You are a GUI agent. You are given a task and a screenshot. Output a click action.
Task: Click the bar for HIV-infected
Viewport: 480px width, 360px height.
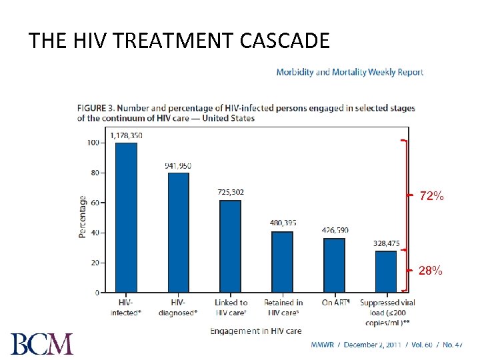[x=126, y=217]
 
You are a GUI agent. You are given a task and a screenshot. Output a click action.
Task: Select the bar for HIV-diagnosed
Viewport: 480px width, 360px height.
[x=178, y=233]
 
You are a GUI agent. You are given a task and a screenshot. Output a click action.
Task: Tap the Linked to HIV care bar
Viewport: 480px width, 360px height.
[x=230, y=246]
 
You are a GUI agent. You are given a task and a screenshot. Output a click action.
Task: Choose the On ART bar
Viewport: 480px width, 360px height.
[x=334, y=265]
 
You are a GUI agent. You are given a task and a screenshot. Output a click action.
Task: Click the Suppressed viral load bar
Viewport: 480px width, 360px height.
[x=386, y=271]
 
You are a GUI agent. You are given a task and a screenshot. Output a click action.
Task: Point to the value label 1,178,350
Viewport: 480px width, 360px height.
[x=126, y=135]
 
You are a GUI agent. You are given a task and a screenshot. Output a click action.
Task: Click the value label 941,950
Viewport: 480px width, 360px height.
[x=178, y=165]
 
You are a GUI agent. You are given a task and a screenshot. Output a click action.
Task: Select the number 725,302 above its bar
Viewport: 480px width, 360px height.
[x=231, y=192]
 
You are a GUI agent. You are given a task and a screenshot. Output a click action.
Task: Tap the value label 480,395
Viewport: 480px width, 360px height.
[x=283, y=223]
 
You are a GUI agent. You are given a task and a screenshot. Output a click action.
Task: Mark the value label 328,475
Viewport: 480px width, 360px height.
[x=386, y=243]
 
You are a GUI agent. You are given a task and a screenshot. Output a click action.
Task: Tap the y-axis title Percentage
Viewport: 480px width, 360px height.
[x=82, y=216]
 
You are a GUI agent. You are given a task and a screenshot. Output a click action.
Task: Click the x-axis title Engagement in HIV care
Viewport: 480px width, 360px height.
[x=256, y=331]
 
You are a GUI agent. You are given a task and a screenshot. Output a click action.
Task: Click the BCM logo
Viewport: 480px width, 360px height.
[x=41, y=343]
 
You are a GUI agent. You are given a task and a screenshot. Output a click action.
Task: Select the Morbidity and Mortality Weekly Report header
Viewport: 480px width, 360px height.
[x=349, y=72]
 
